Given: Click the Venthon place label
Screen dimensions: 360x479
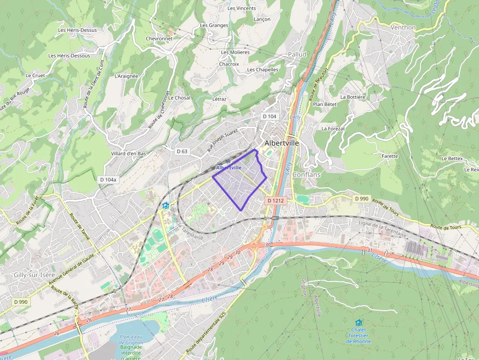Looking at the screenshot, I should tap(403, 27).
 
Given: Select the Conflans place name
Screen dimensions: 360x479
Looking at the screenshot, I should tap(306, 174).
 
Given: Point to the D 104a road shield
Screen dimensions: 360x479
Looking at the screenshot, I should tap(109, 179).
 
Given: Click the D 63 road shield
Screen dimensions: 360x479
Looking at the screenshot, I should tap(182, 151).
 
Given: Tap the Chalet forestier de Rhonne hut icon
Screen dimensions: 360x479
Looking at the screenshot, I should tap(359, 322).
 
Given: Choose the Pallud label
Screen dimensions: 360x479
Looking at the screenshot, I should tap(297, 54).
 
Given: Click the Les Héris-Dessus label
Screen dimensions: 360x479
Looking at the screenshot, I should tap(77, 30).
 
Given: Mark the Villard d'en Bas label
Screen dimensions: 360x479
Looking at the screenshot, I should tap(129, 153).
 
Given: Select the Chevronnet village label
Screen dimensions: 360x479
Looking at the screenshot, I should tap(159, 39).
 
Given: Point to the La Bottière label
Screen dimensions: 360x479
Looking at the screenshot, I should tap(353, 97).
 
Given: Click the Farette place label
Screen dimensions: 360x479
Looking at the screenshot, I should tap(390, 156).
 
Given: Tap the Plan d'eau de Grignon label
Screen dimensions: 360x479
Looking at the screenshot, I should tap(131, 339).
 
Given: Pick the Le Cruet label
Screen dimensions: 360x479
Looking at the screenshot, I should tap(35, 76).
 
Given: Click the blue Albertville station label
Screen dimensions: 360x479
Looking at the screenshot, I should tap(228, 168).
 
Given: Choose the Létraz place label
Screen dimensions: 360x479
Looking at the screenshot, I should tap(219, 99).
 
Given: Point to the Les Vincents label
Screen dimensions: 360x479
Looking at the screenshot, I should tap(241, 8).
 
